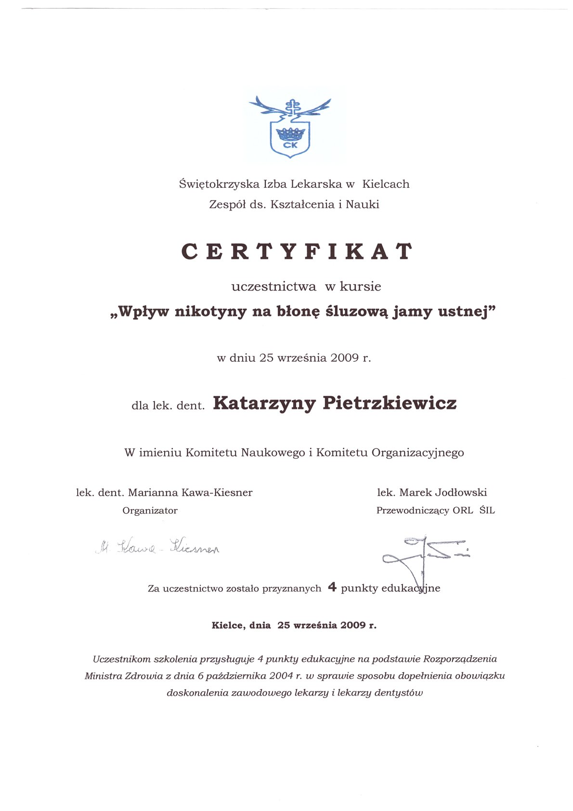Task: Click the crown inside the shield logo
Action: pos(290,133)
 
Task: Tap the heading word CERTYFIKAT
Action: pos(297,251)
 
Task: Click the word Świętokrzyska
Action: pos(219,184)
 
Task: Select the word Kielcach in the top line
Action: pos(386,184)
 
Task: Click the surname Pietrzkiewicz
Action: pos(390,403)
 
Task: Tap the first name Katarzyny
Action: pos(264,404)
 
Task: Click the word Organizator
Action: pos(150,510)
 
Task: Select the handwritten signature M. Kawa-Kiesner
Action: pos(157,548)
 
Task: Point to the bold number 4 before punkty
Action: pos(332,587)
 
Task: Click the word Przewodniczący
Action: pos(413,511)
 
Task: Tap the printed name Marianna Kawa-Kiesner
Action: pos(190,493)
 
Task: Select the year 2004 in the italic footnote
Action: pos(281,676)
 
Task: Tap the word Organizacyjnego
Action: pos(417,453)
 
